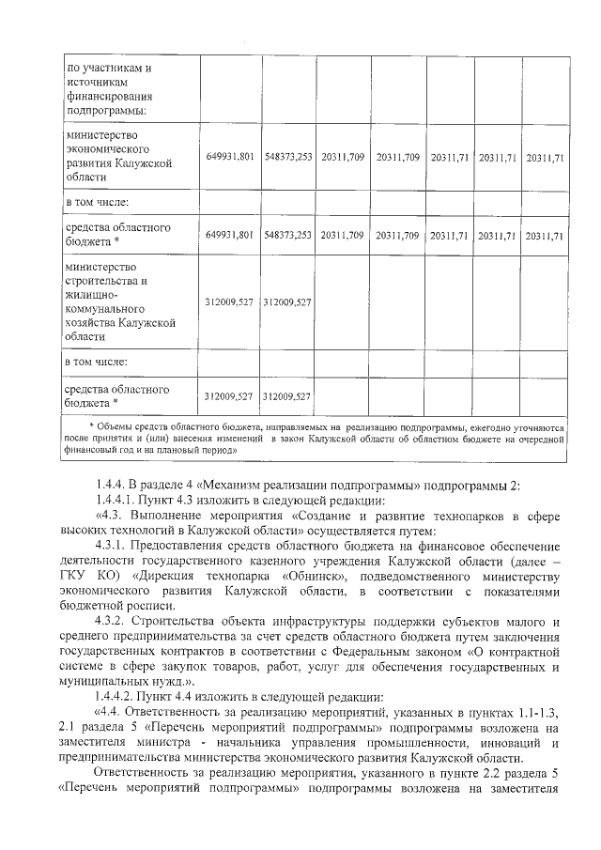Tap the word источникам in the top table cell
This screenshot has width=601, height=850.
pos(93,82)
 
